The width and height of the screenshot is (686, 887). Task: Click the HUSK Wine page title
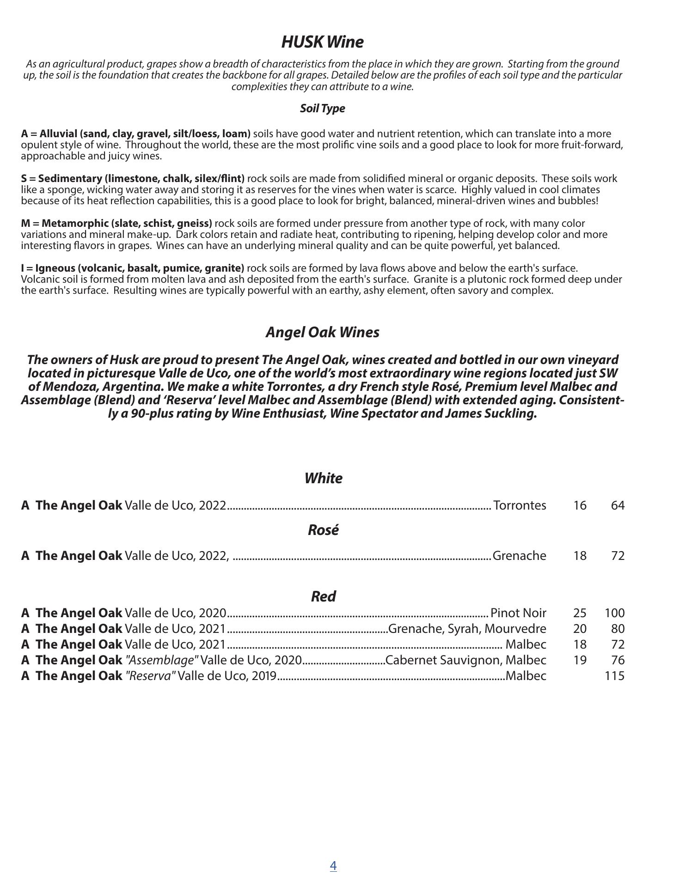[x=322, y=42]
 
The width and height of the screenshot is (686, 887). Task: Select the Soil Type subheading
[x=322, y=109]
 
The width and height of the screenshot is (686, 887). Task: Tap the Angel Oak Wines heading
[x=322, y=332]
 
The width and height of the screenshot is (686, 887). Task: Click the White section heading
[x=323, y=478]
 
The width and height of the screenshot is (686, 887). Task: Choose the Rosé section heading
[x=323, y=530]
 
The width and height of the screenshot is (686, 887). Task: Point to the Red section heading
[x=323, y=596]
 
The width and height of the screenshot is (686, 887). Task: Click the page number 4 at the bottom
[x=333, y=865]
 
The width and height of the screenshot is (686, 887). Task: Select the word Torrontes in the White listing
[x=520, y=505]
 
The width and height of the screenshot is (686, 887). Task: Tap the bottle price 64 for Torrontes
[x=618, y=505]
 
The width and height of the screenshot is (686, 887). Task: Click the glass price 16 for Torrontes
[x=580, y=505]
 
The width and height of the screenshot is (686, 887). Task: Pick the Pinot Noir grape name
[x=518, y=613]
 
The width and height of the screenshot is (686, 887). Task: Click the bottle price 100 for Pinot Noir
[x=614, y=613]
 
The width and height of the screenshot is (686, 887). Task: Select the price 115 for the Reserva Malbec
[x=614, y=676]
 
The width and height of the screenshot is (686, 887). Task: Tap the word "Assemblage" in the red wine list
[x=162, y=660]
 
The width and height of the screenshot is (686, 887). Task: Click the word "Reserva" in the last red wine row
[x=150, y=676]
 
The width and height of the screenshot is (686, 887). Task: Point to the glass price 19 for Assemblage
[x=580, y=660]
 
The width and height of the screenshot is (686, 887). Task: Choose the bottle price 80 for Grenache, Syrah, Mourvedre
[x=618, y=629]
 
